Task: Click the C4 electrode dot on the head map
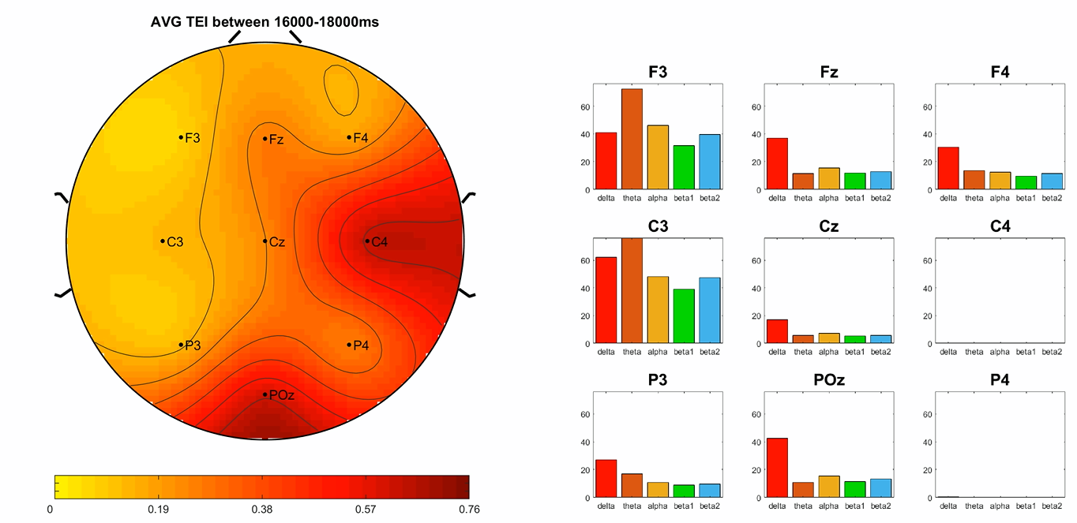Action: click(367, 241)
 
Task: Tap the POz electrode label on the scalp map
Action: click(282, 395)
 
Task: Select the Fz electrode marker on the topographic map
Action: click(265, 139)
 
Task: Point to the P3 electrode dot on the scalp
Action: click(181, 345)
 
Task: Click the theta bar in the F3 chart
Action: click(632, 140)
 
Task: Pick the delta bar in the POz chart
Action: click(777, 468)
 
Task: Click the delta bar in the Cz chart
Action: click(777, 331)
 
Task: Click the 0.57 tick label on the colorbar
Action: click(366, 510)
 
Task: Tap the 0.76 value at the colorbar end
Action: click(468, 510)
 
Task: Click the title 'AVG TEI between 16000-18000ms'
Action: click(265, 22)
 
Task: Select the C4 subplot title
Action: click(981, 226)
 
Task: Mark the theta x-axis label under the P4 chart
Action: click(974, 506)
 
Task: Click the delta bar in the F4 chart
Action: click(948, 169)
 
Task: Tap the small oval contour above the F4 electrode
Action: click(340, 88)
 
